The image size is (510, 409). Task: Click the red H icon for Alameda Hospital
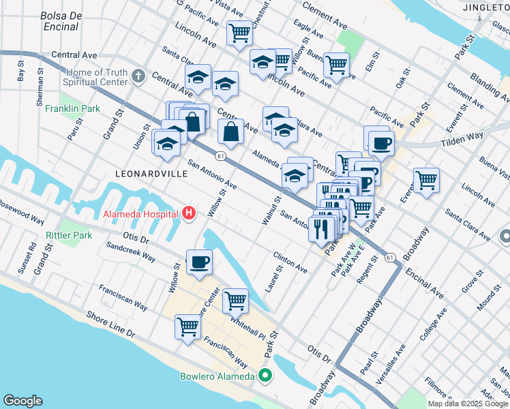coord(189,214)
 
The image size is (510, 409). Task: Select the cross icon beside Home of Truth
coord(138,76)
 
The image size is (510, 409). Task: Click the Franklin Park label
coord(73,108)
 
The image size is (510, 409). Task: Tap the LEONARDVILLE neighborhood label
coord(151,174)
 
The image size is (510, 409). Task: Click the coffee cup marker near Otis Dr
coord(199,262)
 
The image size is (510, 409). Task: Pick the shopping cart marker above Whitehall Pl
coord(235,299)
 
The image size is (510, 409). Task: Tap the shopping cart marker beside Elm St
coord(337,65)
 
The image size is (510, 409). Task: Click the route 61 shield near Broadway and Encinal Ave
coord(389,258)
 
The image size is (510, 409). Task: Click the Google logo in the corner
coord(22,401)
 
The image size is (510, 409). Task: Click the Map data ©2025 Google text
coord(468,404)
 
